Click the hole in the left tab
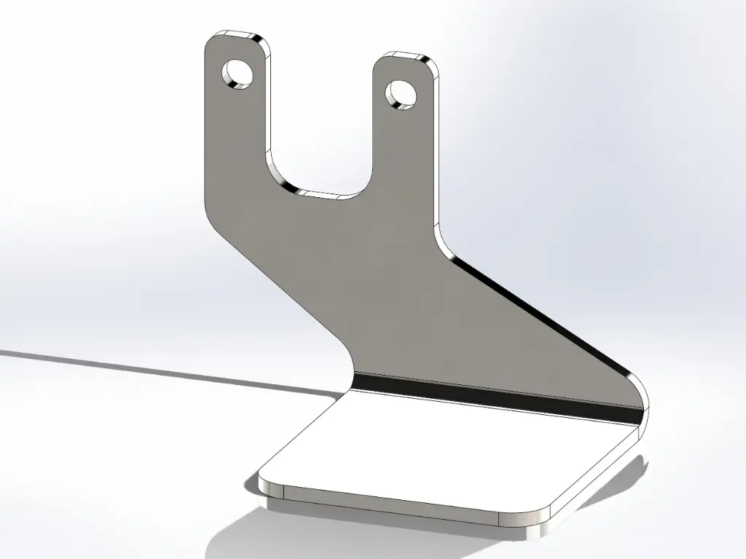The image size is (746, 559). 237,74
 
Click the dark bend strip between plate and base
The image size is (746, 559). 495,397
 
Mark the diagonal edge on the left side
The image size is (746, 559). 277,284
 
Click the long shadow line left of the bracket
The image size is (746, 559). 146,368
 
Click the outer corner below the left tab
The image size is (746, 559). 209,211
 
